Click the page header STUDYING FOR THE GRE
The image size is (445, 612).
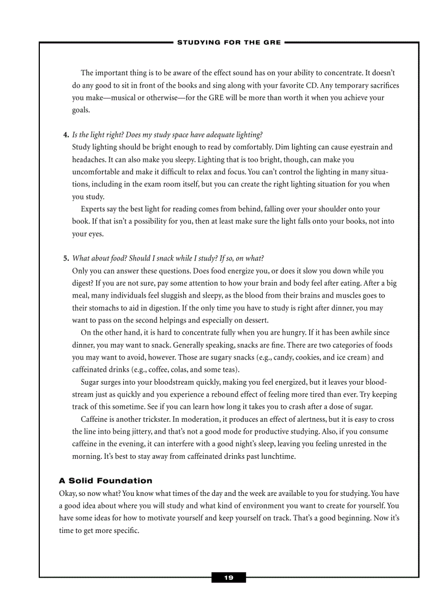[229, 42]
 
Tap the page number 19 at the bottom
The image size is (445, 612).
[228, 578]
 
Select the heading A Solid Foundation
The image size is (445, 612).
[105, 481]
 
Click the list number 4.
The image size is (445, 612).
[66, 135]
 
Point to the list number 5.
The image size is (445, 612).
[66, 258]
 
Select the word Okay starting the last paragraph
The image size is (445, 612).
[68, 493]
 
